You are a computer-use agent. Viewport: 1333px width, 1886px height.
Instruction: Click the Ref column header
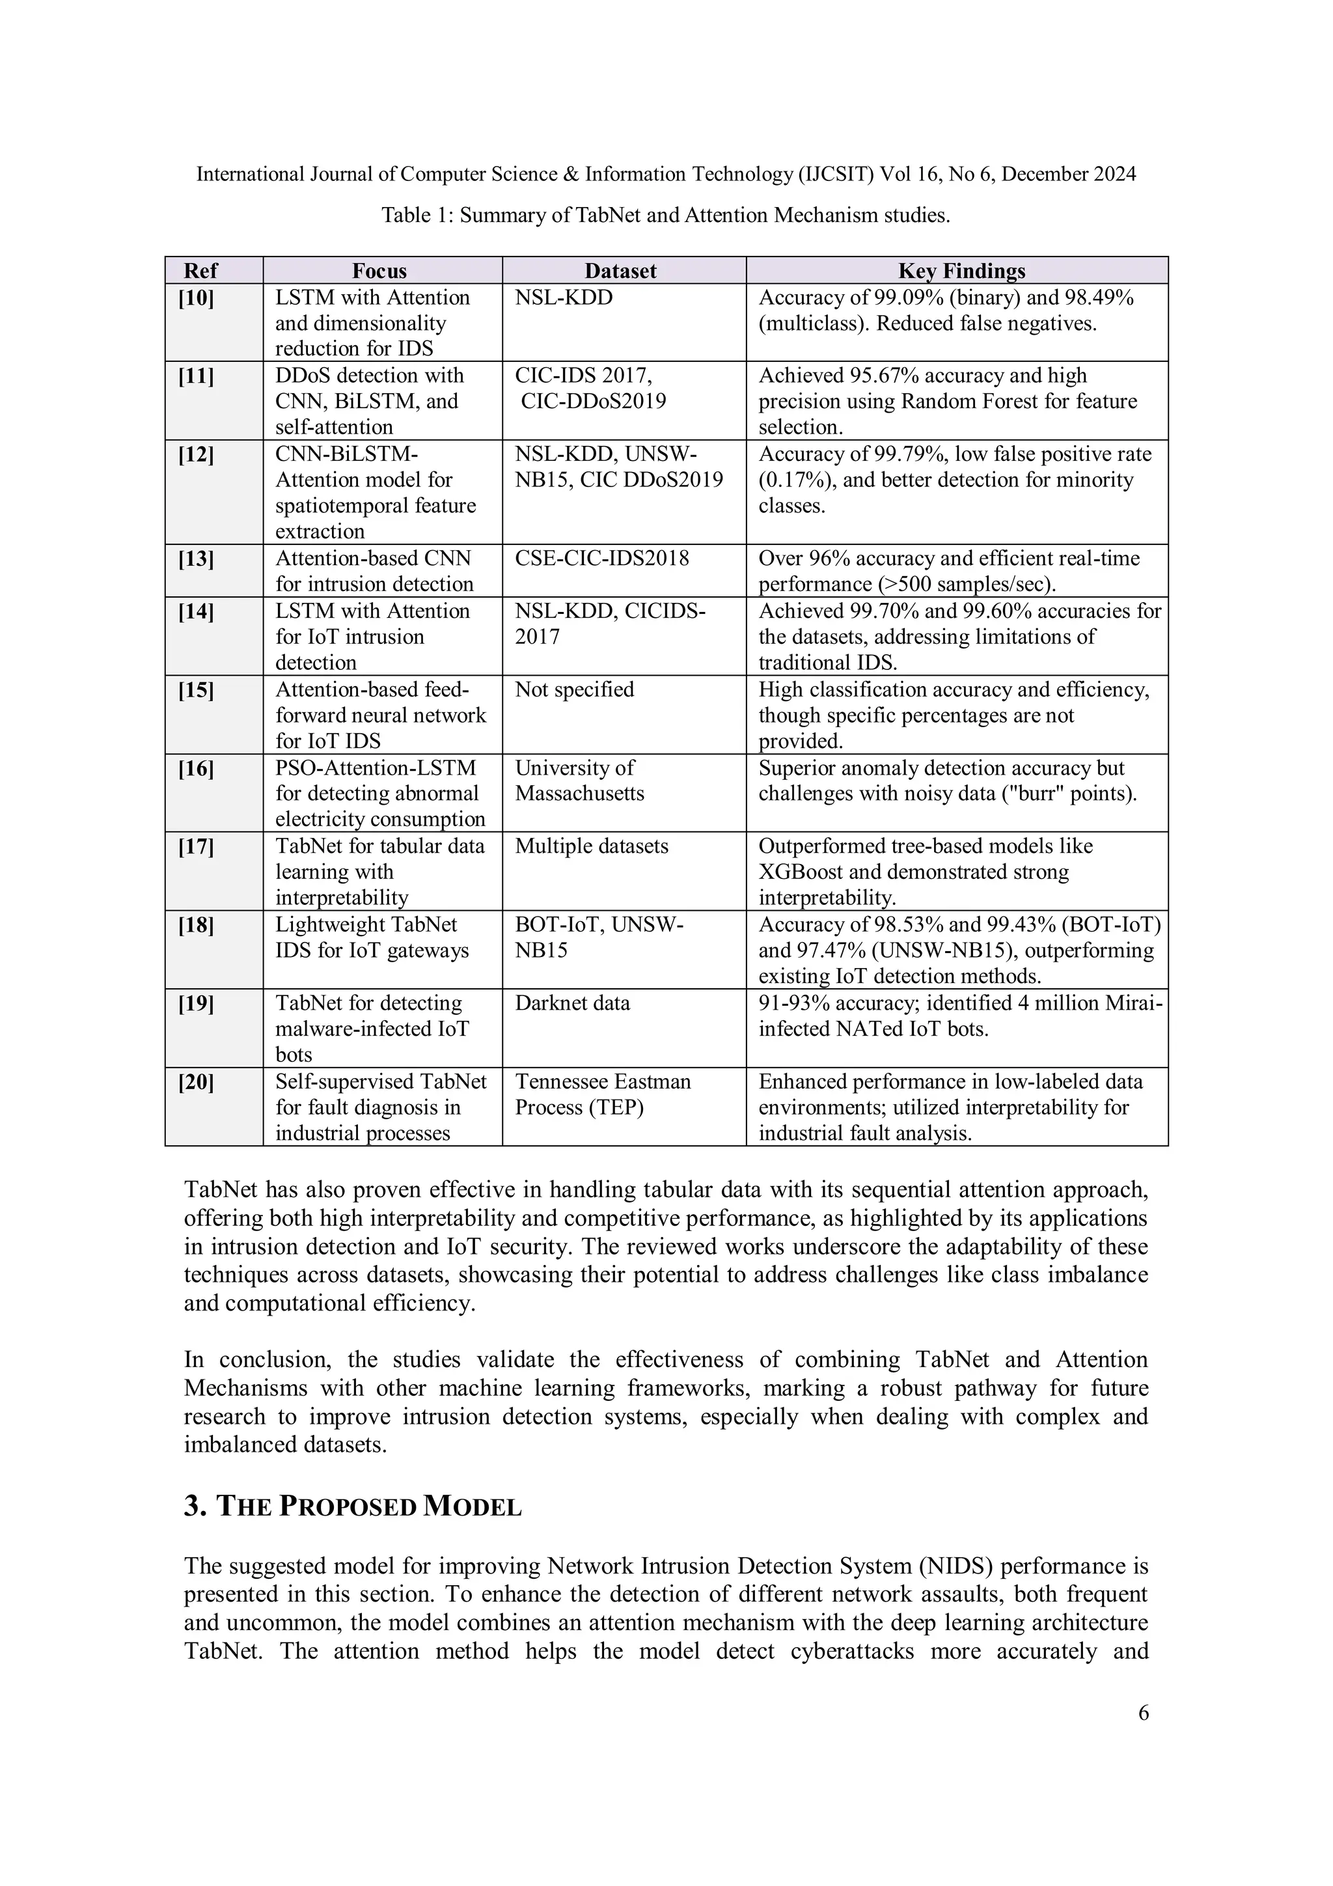coord(200,271)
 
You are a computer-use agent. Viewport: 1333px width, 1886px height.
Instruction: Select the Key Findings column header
coord(961,271)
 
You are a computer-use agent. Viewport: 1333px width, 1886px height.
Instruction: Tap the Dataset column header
coord(620,271)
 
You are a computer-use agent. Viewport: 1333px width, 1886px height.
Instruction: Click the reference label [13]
coord(197,559)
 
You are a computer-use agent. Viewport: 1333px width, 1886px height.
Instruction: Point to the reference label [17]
coord(197,846)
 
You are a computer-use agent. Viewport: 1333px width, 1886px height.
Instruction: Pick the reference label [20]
coord(197,1082)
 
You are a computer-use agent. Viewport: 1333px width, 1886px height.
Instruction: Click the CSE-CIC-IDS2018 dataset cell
coord(602,559)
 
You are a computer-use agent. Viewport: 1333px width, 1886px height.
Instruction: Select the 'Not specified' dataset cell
coord(574,689)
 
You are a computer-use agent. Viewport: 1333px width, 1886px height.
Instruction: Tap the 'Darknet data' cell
coord(573,1003)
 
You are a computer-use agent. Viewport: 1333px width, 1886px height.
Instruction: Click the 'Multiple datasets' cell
coord(592,846)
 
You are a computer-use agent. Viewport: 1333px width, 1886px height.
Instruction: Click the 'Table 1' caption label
coord(417,215)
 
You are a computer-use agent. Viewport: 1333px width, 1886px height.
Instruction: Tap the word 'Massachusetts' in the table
coord(579,794)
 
